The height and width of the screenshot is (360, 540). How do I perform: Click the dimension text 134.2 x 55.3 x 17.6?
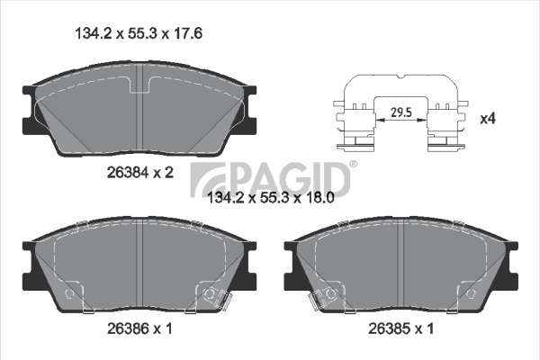[139, 34]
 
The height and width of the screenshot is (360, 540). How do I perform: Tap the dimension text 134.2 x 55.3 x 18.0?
[271, 198]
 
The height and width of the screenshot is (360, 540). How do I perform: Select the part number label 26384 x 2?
[140, 173]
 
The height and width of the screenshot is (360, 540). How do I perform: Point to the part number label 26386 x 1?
[139, 328]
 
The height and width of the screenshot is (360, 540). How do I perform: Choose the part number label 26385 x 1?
[400, 328]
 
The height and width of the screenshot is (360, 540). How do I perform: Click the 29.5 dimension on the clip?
[401, 112]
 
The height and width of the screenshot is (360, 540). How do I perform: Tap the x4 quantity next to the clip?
[488, 119]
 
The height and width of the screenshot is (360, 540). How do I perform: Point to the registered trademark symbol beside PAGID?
[354, 165]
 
